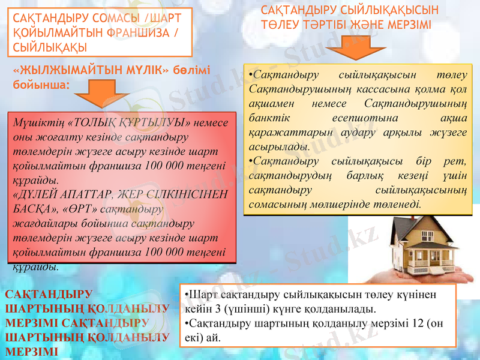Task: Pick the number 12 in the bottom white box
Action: point(412,323)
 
